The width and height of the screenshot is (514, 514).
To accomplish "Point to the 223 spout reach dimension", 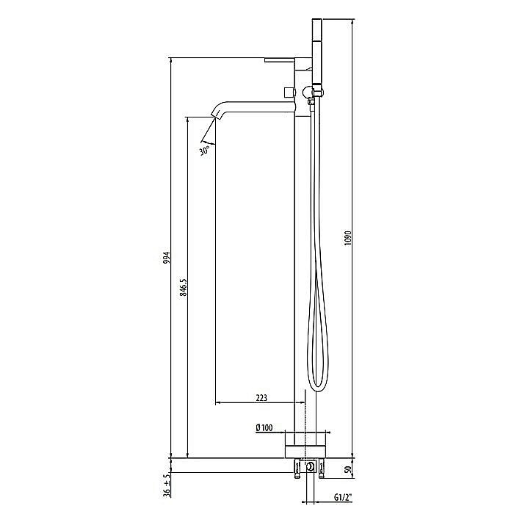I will pyautogui.click(x=261, y=397).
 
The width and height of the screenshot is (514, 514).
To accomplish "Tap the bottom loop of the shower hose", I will pyautogui.click(x=316, y=387).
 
